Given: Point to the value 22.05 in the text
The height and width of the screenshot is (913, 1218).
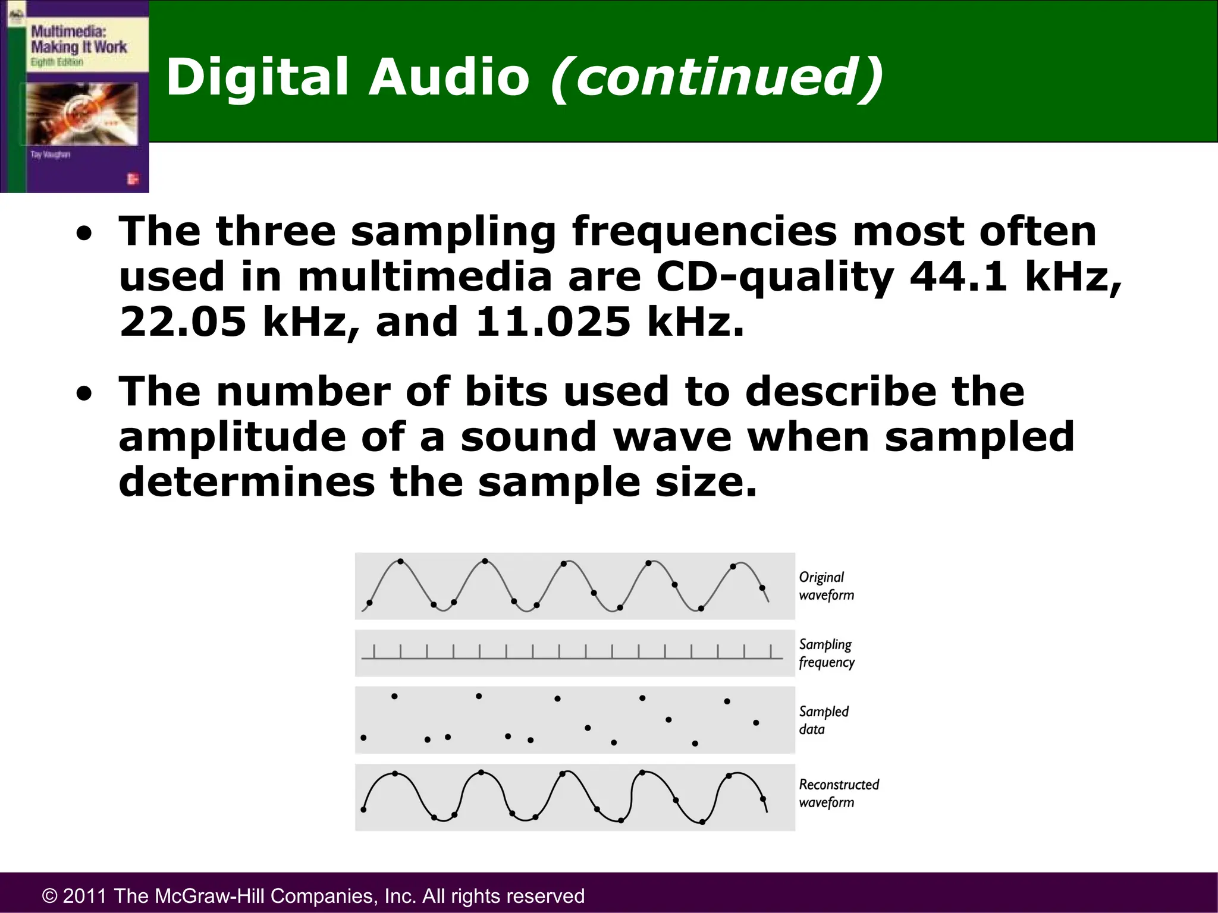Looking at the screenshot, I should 183,322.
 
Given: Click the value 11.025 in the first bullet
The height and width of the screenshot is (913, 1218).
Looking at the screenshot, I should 553,322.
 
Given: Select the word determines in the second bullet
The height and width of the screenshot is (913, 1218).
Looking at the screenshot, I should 246,481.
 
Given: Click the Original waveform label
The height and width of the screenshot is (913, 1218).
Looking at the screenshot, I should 825,585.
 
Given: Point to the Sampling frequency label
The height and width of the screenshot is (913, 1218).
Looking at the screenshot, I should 826,653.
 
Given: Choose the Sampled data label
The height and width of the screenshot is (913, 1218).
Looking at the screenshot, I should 823,720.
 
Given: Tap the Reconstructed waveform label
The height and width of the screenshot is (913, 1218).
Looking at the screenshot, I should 838,793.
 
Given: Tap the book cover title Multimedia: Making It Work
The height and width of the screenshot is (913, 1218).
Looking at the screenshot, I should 78,39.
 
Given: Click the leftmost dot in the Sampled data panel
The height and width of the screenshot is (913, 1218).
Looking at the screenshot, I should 363,738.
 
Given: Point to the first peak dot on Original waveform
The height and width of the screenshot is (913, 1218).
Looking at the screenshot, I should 400,561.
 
